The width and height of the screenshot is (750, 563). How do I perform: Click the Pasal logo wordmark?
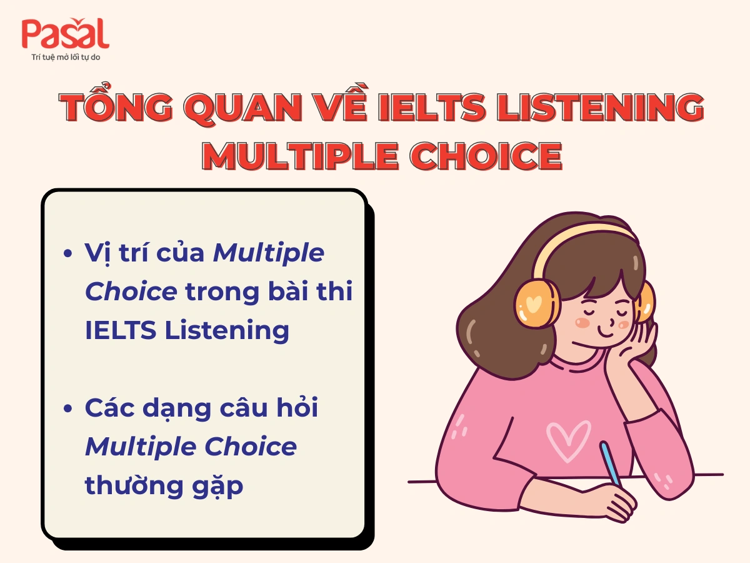tap(65, 34)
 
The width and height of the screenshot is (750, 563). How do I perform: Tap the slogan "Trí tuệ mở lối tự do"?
tap(66, 58)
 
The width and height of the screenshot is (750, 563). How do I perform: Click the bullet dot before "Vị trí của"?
tap(69, 255)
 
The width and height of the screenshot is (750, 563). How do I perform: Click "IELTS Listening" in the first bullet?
tap(187, 330)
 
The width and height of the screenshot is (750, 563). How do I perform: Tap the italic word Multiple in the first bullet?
tap(269, 253)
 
